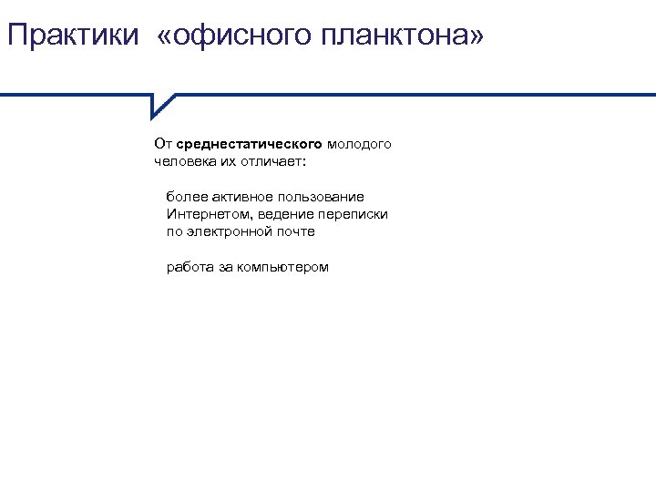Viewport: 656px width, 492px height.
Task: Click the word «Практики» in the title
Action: pos(72,36)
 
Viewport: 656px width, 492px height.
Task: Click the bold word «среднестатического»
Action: pos(249,144)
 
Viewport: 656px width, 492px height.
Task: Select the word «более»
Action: pos(182,197)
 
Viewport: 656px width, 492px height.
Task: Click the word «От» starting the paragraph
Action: pos(163,144)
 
